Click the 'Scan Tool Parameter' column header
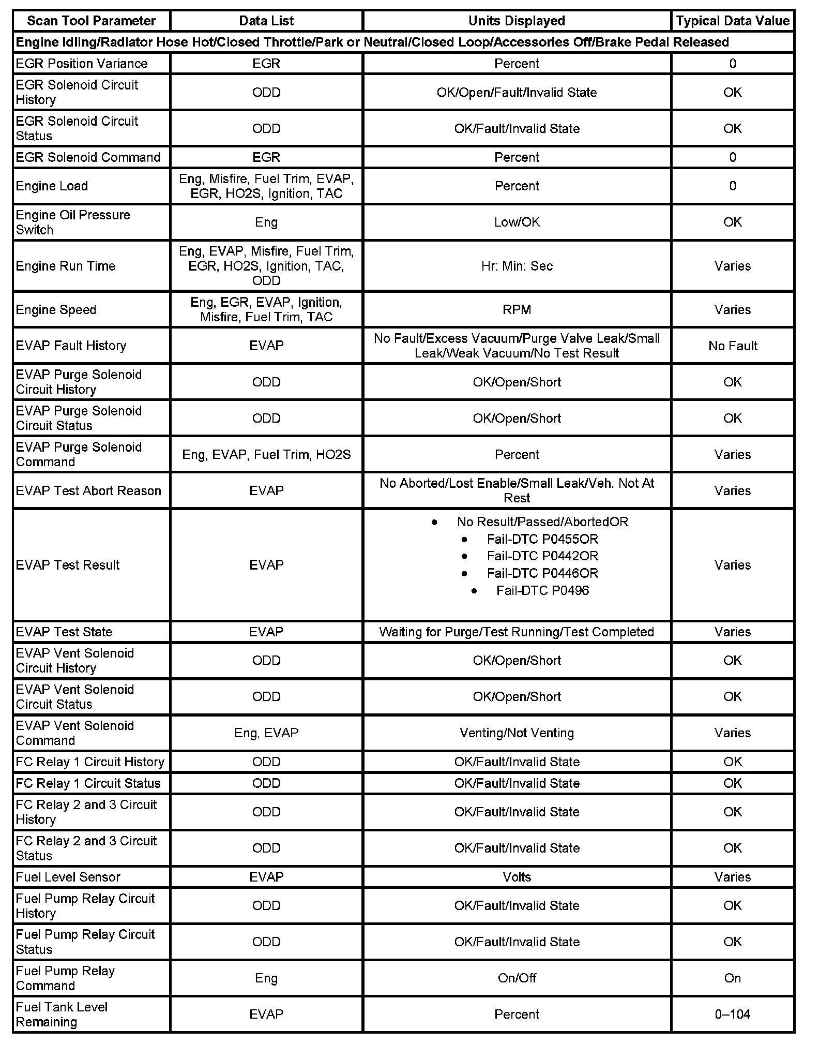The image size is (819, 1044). tap(91, 21)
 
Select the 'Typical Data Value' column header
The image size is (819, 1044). tap(732, 21)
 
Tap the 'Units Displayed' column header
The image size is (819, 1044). tap(517, 21)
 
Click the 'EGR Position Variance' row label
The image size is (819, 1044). tap(82, 63)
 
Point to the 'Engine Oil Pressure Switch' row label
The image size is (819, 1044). tap(73, 222)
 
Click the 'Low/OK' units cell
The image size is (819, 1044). tap(517, 222)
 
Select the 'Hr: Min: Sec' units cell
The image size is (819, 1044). tap(517, 266)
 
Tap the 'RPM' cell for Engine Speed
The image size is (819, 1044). tap(517, 309)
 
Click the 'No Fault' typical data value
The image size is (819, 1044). tap(732, 346)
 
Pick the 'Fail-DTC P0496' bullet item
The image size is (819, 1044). tap(542, 590)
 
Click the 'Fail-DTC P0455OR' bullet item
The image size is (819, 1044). tap(542, 539)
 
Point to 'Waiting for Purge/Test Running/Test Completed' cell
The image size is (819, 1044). tap(517, 632)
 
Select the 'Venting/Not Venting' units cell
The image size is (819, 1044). tap(517, 733)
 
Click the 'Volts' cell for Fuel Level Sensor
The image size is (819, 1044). tap(517, 877)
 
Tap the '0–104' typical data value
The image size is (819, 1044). tap(732, 1014)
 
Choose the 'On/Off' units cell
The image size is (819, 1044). tap(517, 978)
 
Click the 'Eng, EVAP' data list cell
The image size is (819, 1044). tap(266, 733)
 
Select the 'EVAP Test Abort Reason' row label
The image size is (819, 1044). tap(88, 490)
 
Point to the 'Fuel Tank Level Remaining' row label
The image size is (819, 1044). tap(62, 1014)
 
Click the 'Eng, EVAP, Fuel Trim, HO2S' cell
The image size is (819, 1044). tap(266, 454)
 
